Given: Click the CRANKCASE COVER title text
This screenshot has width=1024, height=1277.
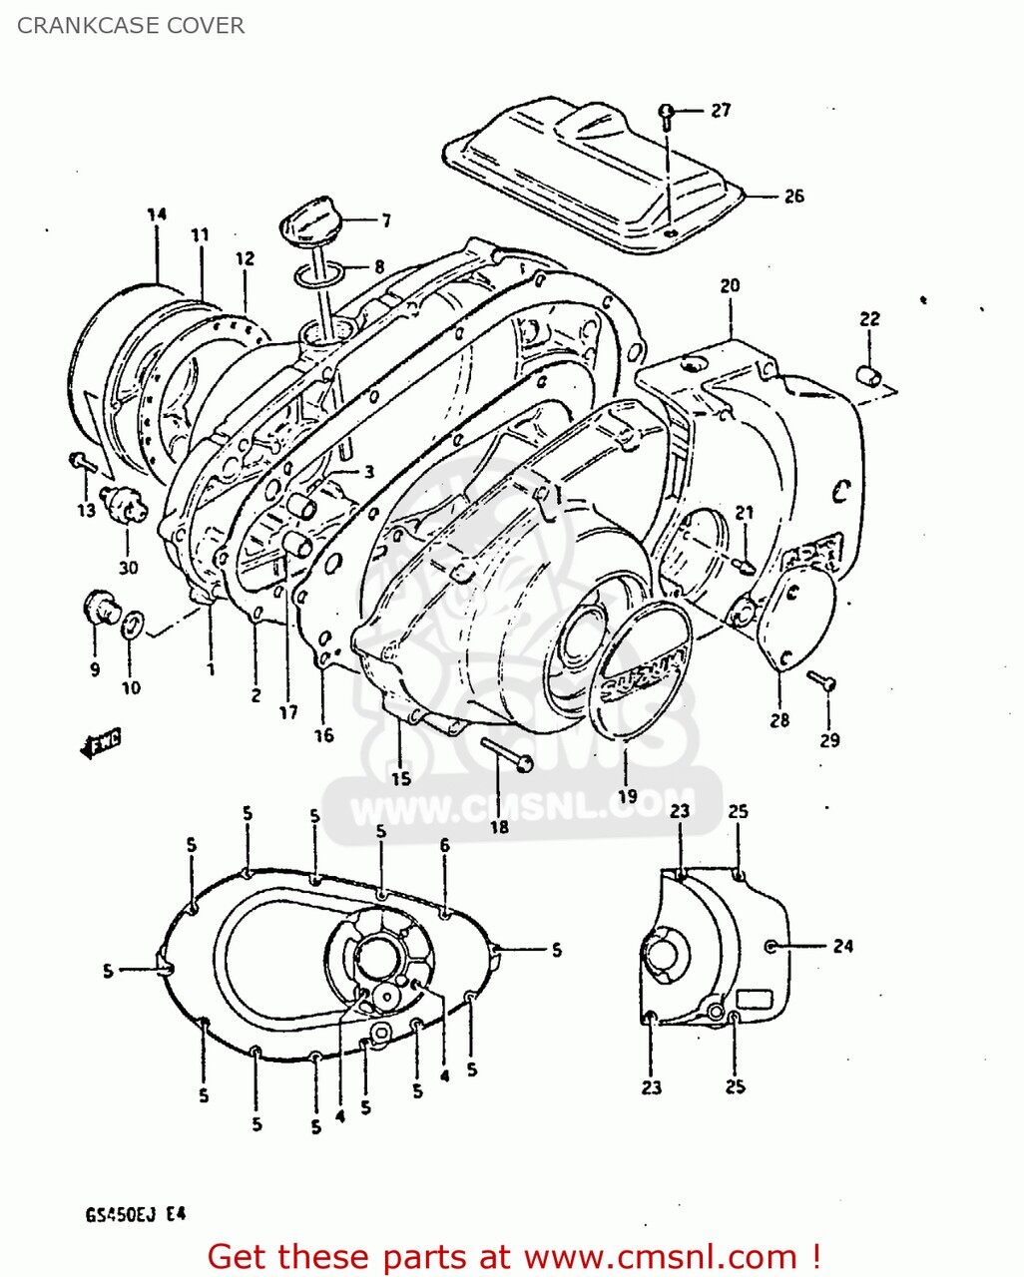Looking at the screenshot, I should click(x=131, y=26).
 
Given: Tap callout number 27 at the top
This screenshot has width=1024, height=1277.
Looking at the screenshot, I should click(x=721, y=111).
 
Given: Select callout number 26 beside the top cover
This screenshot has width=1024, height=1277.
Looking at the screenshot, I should click(x=792, y=197).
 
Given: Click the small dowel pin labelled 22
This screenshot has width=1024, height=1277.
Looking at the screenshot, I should click(x=867, y=376).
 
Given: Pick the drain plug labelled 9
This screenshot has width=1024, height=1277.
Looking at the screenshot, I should click(x=100, y=606).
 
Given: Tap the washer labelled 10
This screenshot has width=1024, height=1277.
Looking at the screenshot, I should click(x=131, y=628).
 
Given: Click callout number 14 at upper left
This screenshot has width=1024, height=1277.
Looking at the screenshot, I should click(x=156, y=214).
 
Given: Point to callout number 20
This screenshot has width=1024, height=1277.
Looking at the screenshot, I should click(x=730, y=286).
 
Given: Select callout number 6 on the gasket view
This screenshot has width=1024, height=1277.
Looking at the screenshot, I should click(x=444, y=846).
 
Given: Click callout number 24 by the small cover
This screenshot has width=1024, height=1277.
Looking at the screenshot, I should click(x=843, y=946).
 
